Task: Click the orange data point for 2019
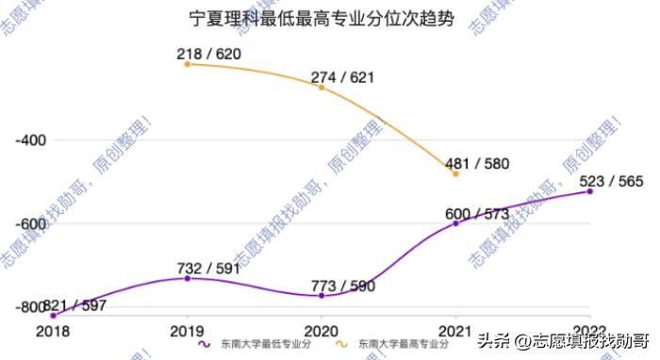(187, 64)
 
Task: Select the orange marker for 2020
(322, 88)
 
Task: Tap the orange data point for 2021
(455, 174)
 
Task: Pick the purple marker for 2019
(187, 279)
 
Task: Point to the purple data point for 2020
(322, 296)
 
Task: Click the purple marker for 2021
(455, 224)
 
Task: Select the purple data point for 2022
(590, 191)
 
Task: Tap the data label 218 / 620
(209, 55)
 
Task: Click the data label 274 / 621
(344, 77)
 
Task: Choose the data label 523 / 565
(612, 181)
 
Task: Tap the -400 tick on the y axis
(31, 140)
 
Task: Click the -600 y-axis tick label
(31, 224)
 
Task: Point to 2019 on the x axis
(187, 330)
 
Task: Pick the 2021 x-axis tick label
(455, 330)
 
